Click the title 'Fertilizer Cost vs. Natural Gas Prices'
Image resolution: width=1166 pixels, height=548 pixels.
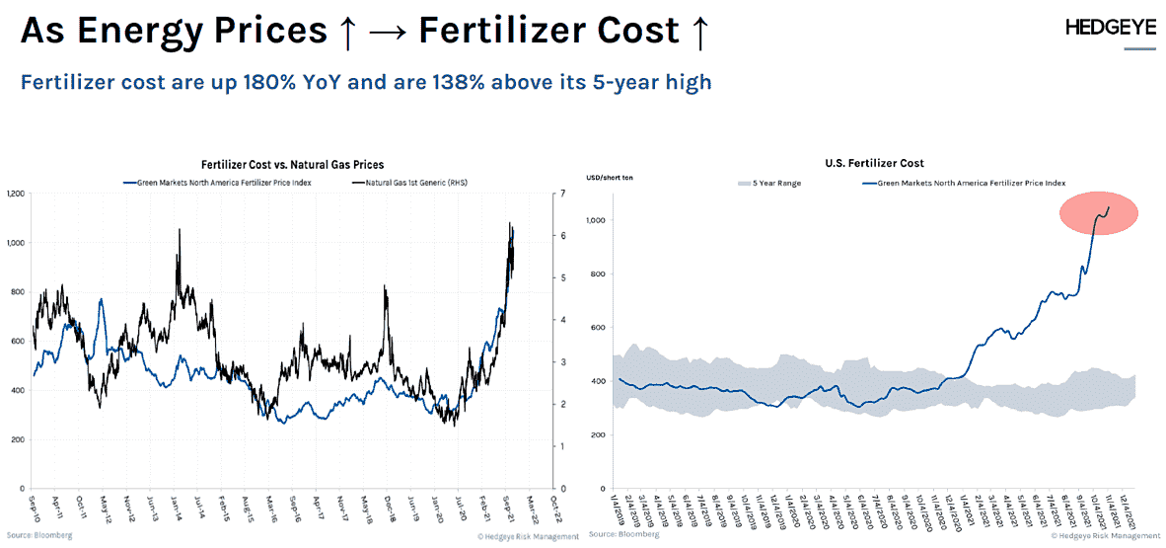292,165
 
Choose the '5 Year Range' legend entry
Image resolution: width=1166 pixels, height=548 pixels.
765,183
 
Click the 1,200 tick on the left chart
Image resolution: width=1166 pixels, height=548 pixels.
14,194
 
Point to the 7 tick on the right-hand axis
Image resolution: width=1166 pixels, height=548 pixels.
561,194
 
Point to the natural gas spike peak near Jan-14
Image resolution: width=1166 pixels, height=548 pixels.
179,229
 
